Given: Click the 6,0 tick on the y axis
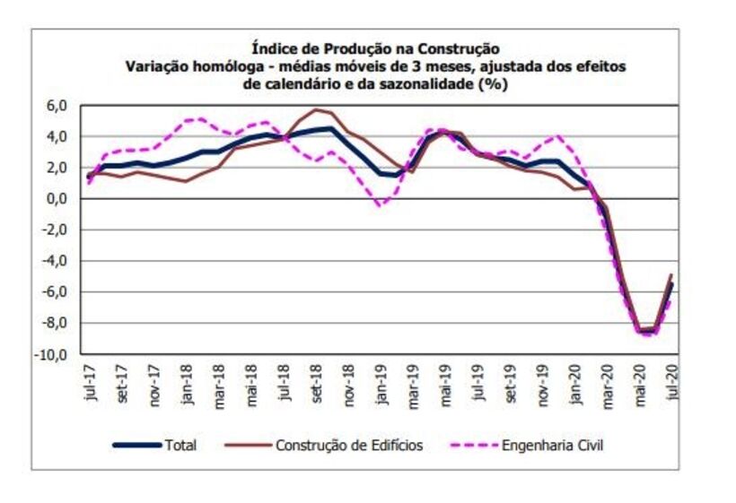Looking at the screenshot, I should pos(57,106).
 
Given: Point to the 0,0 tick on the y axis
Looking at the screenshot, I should pos(57,199).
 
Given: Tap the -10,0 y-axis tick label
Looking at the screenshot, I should pos(52,354).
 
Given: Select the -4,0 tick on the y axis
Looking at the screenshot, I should pos(55,261).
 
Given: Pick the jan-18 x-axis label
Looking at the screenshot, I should pos(188,382).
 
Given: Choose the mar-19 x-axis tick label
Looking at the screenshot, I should pos(414,382).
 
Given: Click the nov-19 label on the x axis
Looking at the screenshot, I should pos(543,382).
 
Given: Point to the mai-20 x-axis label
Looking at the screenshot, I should pos(640,382).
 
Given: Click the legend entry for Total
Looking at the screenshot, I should pos(180,445).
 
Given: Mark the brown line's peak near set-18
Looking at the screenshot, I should pos(316,109).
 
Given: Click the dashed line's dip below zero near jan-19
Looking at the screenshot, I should pos(381,205).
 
